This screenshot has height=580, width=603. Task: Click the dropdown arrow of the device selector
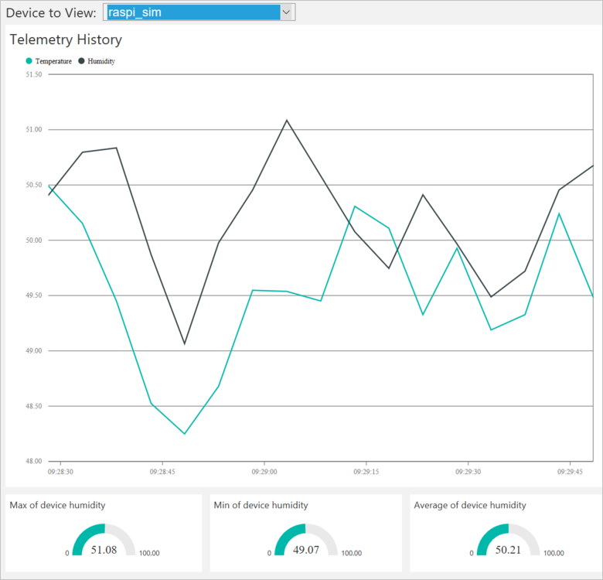287,12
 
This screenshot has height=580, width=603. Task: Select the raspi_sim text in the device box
135,12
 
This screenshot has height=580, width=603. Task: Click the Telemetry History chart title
66,39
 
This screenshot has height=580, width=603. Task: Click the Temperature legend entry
53,61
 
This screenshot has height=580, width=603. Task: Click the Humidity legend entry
101,61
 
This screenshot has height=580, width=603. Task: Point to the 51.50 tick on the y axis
33,75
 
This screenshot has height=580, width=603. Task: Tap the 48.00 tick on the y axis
33,462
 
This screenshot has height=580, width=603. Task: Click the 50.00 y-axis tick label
33,241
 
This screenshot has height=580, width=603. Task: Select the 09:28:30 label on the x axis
60,471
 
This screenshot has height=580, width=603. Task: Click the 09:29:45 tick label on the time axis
570,471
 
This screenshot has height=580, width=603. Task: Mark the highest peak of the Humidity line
287,120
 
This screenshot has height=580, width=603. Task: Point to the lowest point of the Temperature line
185,433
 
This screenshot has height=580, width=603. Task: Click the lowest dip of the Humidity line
185,343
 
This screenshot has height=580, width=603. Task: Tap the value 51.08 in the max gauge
104,550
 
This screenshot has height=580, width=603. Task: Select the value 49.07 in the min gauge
305,550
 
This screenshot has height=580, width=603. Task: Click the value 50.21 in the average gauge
508,550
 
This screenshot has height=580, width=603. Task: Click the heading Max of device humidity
57,505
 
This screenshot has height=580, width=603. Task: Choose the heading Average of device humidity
470,505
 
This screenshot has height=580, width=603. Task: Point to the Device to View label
51,12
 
